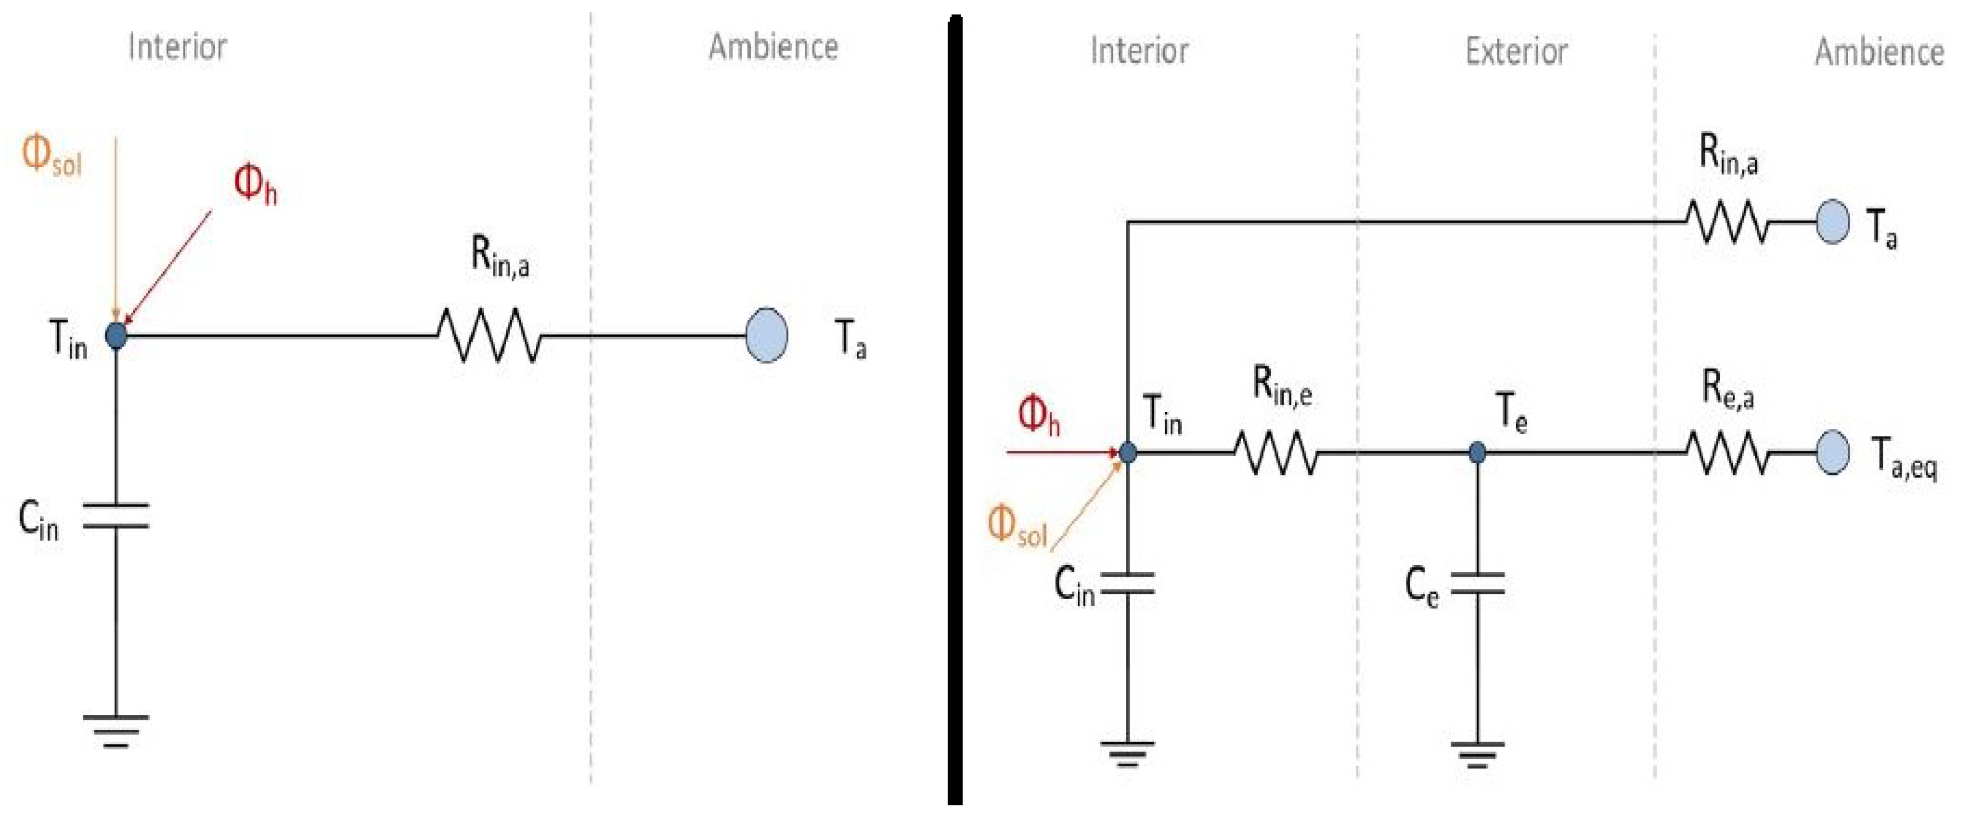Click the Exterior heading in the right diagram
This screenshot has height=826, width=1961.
[x=1516, y=52]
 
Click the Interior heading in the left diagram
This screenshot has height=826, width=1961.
[x=177, y=47]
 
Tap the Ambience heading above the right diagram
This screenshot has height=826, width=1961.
[x=1878, y=53]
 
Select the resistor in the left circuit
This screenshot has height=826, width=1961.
[x=489, y=335]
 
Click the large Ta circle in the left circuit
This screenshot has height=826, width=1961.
[x=766, y=335]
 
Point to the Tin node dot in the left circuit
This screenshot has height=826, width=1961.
[x=116, y=335]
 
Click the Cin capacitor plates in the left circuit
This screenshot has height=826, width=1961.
[x=116, y=516]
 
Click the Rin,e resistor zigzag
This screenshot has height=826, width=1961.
[x=1275, y=453]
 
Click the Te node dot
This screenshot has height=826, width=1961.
[x=1477, y=453]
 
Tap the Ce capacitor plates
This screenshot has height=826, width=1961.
[x=1477, y=583]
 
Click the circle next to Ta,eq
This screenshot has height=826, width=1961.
[x=1832, y=452]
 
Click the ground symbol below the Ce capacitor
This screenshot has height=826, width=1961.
[x=1477, y=754]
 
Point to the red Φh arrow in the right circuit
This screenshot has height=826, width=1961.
[x=1062, y=453]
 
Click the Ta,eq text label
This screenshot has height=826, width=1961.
[x=1904, y=459]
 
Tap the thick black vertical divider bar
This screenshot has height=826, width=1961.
[x=955, y=411]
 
